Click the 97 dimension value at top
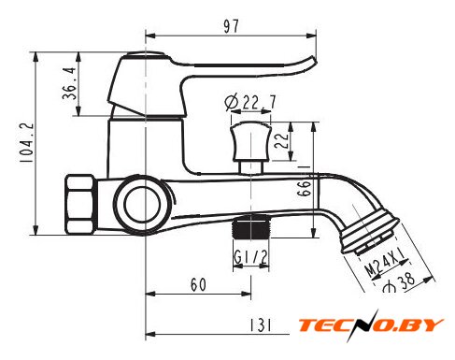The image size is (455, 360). [231, 26]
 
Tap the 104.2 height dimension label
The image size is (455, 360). [26, 142]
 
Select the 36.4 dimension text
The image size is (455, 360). [69, 83]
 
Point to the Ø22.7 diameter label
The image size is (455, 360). [250, 102]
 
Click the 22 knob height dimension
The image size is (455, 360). [281, 141]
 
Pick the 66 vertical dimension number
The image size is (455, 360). [304, 188]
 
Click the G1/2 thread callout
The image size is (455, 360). [250, 257]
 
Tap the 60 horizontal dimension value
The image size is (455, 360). [198, 284]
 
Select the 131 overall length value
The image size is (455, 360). [261, 325]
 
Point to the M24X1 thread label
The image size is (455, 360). [386, 263]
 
